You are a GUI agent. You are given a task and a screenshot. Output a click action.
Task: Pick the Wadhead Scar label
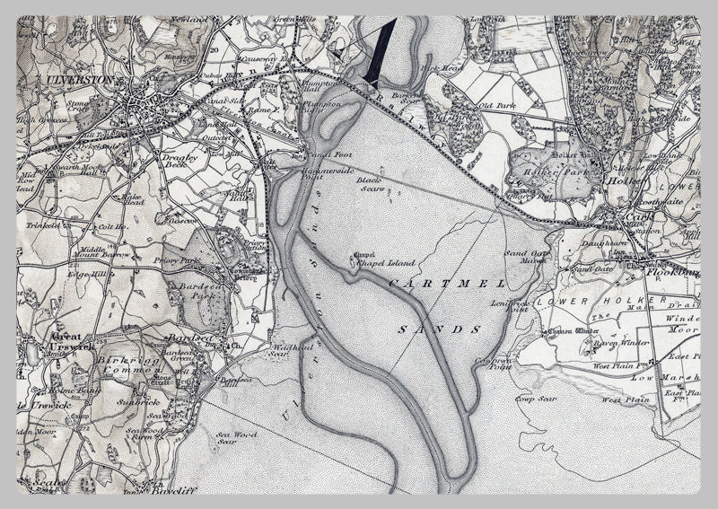pyautogui.click(x=293, y=350)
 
